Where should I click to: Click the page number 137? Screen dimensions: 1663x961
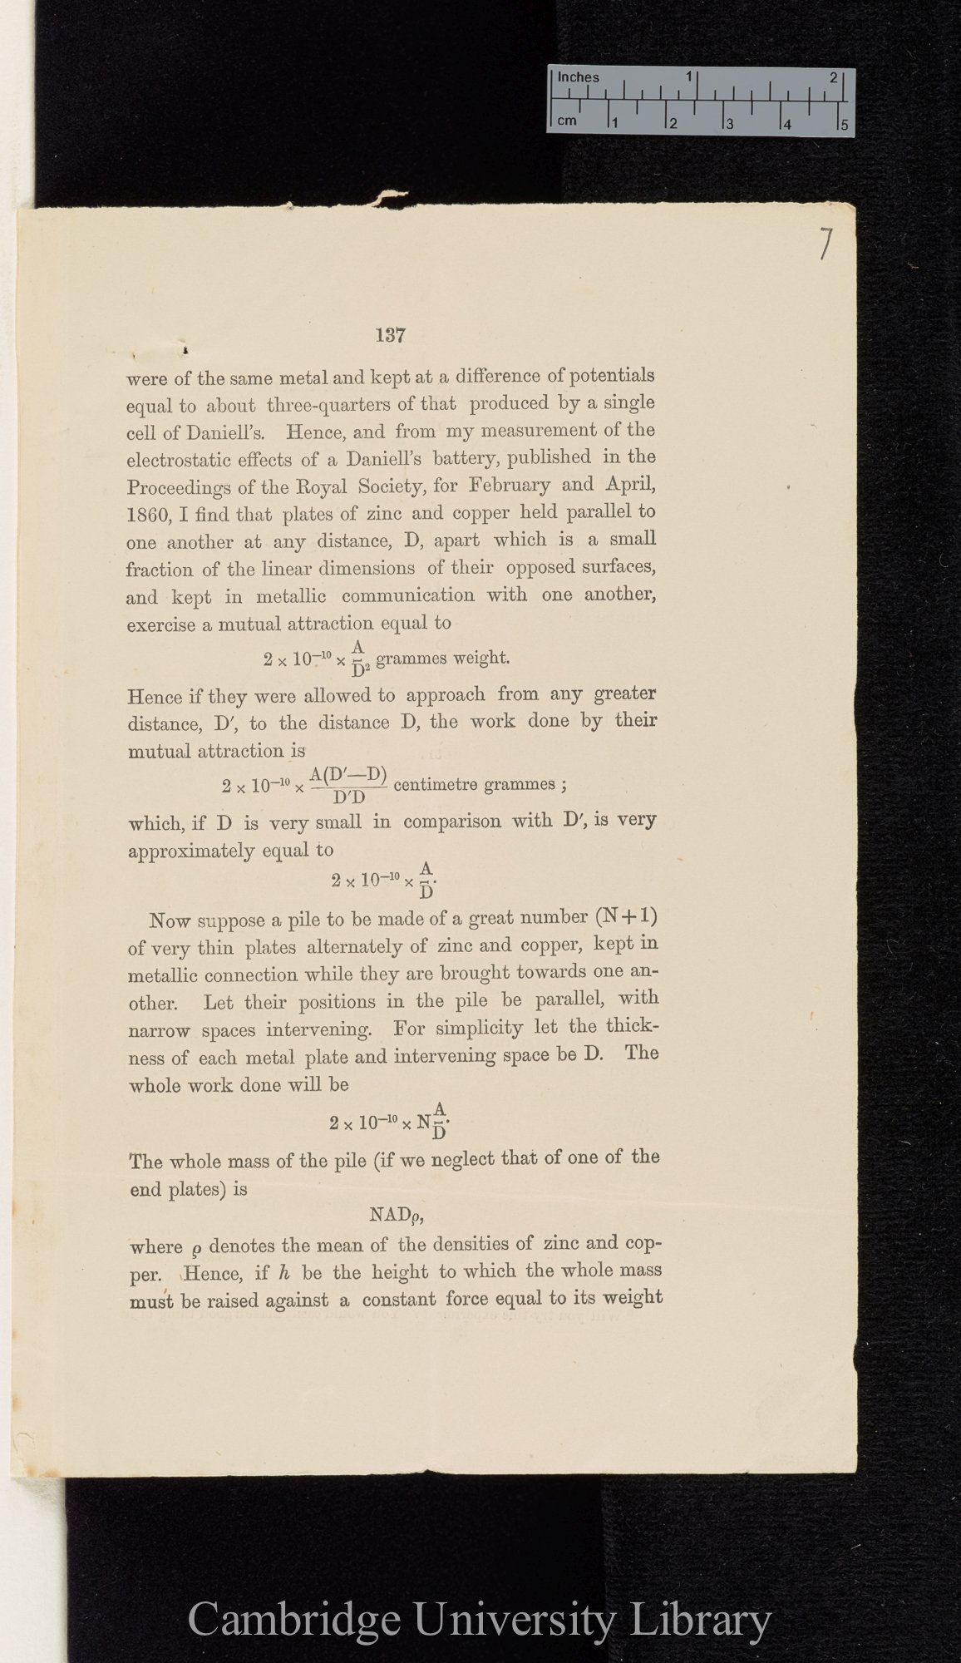click(390, 336)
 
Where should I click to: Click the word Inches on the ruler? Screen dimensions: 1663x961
click(578, 77)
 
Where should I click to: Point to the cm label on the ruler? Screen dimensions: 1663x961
click(567, 121)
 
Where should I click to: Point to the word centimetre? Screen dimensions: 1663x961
click(438, 784)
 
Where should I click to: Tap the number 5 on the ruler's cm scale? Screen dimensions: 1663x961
click(844, 125)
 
